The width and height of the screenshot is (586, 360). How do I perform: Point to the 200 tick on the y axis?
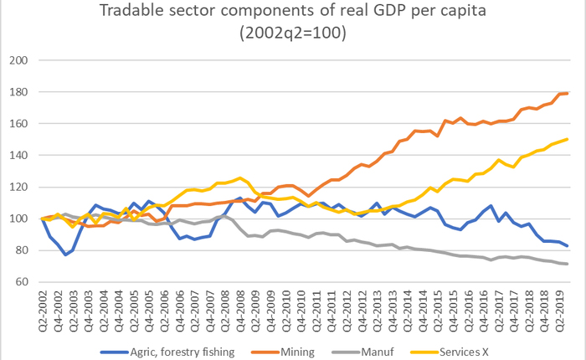click(19, 61)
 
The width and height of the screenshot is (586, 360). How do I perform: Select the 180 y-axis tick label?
click(19, 93)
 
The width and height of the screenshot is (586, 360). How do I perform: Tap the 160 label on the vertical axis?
click(19, 124)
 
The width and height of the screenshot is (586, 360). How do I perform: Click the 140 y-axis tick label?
click(19, 156)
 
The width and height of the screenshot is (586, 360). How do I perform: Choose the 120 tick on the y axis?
click(19, 188)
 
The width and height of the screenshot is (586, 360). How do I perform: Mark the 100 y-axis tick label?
click(19, 219)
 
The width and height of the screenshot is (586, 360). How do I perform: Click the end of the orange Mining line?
click(568, 93)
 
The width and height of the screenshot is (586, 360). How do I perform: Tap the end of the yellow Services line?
click(568, 140)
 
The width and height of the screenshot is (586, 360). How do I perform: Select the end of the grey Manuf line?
click(568, 264)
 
